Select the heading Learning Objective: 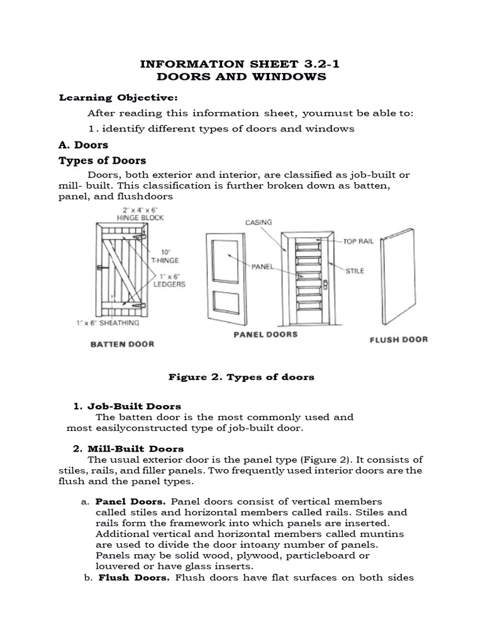(x=118, y=97)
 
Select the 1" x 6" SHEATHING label (x=106, y=324)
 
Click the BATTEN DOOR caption (x=122, y=344)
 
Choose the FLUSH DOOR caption (x=397, y=340)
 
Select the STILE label (x=353, y=271)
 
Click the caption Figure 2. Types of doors (x=241, y=377)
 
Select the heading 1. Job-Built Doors (x=128, y=406)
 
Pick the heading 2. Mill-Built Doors (x=129, y=448)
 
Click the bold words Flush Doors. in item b (x=134, y=578)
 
